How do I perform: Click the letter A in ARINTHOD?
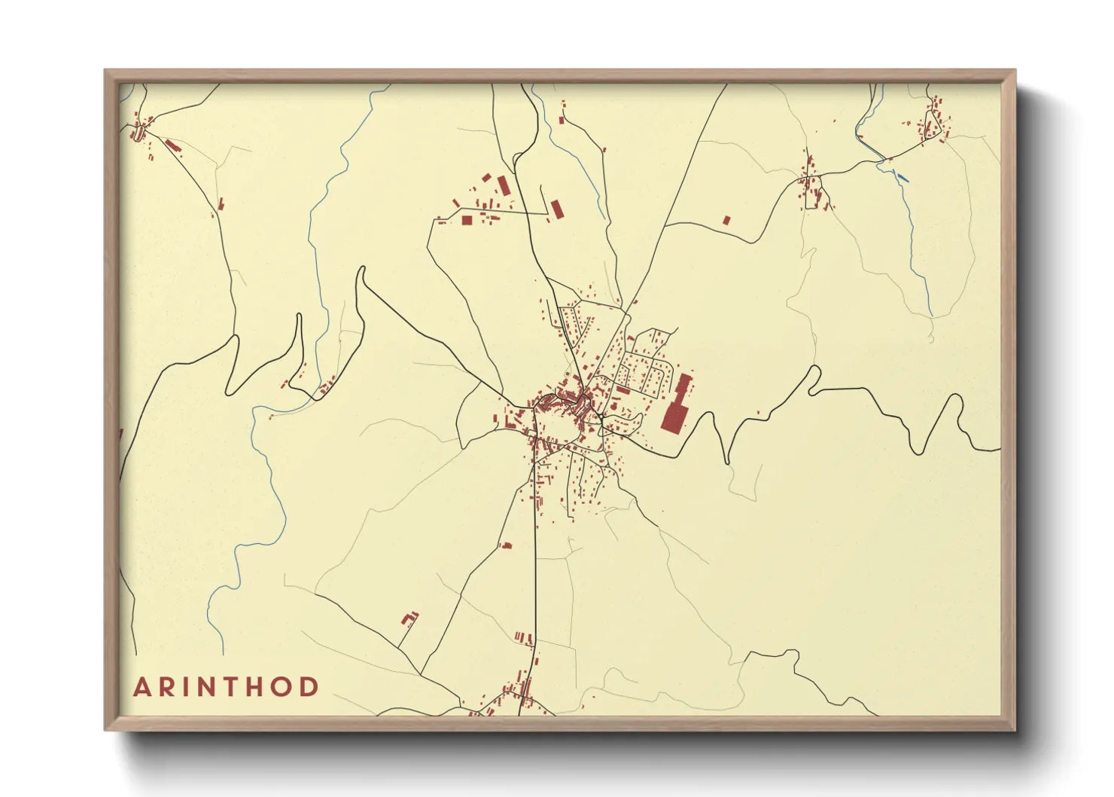point(142,687)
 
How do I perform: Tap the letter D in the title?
point(309,687)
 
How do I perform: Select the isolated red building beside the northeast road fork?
point(726,221)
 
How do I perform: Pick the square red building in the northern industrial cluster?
point(467,221)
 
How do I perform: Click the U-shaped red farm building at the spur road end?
point(409,618)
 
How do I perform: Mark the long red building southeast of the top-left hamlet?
point(173,145)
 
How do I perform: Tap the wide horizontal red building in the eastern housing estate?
point(622,390)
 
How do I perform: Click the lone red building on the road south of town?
point(507,545)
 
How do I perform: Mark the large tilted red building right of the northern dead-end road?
point(557,209)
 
